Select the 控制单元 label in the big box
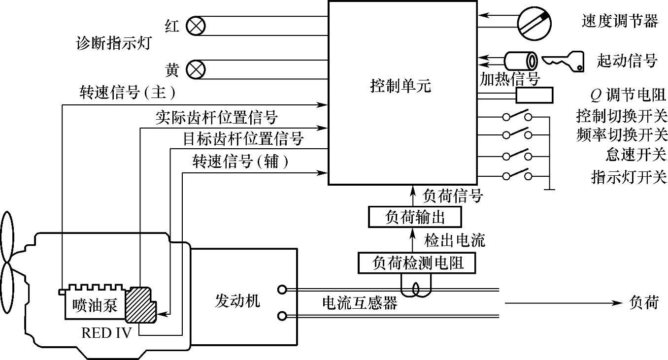tap(400, 87)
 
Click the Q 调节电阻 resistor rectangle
tap(534, 95)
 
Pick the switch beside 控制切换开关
tap(517, 117)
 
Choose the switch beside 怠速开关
tap(517, 157)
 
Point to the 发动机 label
tap(237, 300)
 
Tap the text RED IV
tap(106, 333)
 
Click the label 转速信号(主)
tap(127, 92)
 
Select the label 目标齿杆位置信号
tap(243, 139)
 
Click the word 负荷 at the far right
tap(643, 302)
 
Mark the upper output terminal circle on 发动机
tap(282, 290)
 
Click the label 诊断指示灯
tap(113, 44)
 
